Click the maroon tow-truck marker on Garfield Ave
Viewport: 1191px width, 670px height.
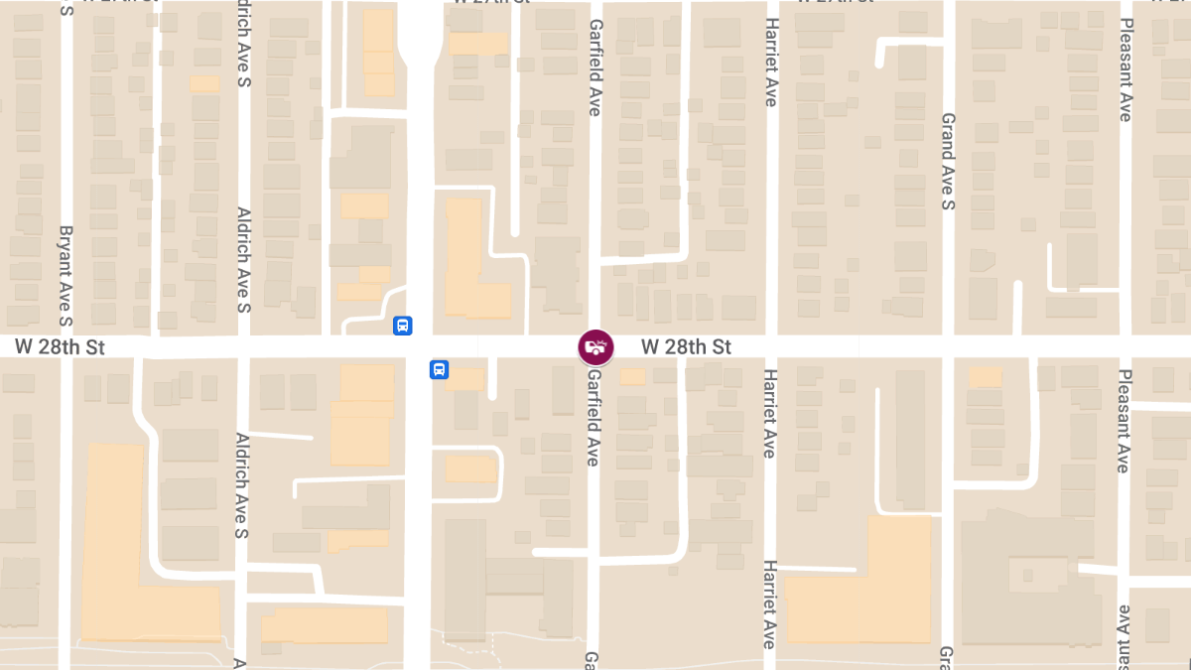click(x=595, y=347)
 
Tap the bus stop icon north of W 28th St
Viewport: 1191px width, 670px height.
click(x=402, y=326)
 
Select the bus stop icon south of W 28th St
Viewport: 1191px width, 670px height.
click(x=439, y=369)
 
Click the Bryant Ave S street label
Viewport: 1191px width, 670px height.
click(x=66, y=276)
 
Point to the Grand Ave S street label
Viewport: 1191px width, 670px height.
click(x=948, y=162)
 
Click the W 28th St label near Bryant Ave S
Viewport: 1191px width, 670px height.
click(x=60, y=347)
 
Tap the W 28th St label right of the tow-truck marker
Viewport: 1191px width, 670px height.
click(x=686, y=347)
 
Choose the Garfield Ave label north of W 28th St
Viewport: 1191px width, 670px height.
click(x=595, y=67)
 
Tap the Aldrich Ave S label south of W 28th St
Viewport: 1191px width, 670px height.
click(x=240, y=471)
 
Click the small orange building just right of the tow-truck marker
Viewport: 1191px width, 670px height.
click(x=632, y=376)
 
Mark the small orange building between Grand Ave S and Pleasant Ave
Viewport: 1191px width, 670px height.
click(x=985, y=377)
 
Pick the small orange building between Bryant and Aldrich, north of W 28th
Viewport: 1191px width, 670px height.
click(x=204, y=83)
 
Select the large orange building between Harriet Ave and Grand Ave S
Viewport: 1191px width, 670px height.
click(x=873, y=591)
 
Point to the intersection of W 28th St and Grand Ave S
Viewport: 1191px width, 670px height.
click(x=949, y=346)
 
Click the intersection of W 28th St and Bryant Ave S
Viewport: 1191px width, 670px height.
click(x=66, y=346)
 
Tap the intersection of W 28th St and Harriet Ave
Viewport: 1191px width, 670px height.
click(x=771, y=346)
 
